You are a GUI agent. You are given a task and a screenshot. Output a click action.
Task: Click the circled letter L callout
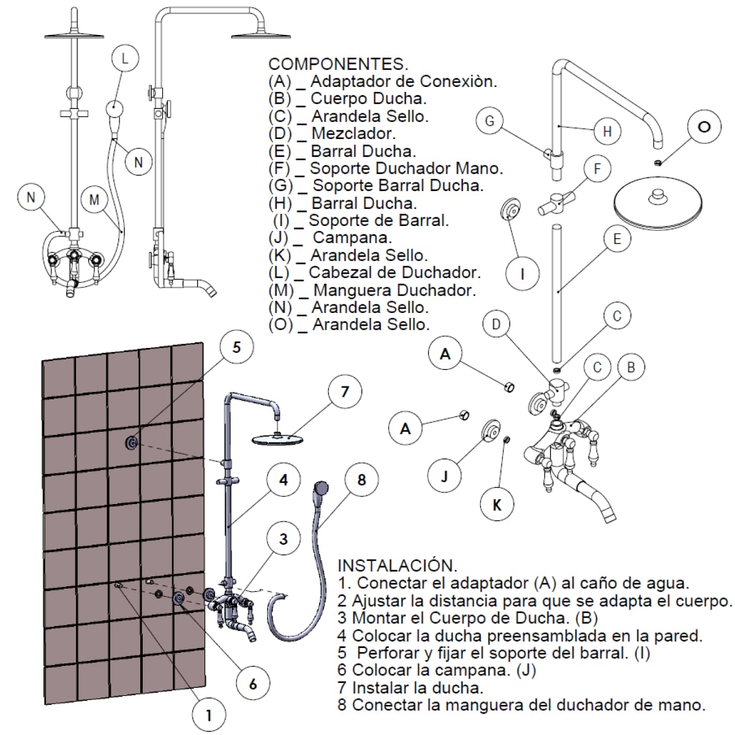(125, 58)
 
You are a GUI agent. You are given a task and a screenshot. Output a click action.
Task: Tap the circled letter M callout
(94, 199)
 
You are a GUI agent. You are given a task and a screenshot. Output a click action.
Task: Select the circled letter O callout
(704, 127)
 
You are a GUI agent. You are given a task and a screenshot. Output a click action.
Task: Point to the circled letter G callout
(490, 121)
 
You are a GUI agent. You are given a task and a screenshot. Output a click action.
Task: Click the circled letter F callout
(597, 168)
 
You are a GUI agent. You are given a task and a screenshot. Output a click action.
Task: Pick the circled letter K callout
(497, 504)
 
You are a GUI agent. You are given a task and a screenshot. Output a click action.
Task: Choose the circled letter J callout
(444, 476)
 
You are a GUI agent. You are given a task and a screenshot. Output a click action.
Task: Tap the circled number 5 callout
(236, 347)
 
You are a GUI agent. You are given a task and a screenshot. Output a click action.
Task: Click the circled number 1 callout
(209, 715)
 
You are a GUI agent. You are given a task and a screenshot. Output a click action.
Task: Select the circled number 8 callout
(361, 480)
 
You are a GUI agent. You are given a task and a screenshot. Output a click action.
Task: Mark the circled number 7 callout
(345, 392)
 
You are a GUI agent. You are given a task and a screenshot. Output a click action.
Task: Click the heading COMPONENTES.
(338, 64)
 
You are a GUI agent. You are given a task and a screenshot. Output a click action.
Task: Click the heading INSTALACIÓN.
(398, 566)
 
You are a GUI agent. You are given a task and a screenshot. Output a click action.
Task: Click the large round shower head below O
(658, 203)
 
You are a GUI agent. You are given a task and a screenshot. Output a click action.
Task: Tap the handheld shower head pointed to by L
(115, 108)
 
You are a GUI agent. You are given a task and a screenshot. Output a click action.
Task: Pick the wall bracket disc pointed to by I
(511, 209)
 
